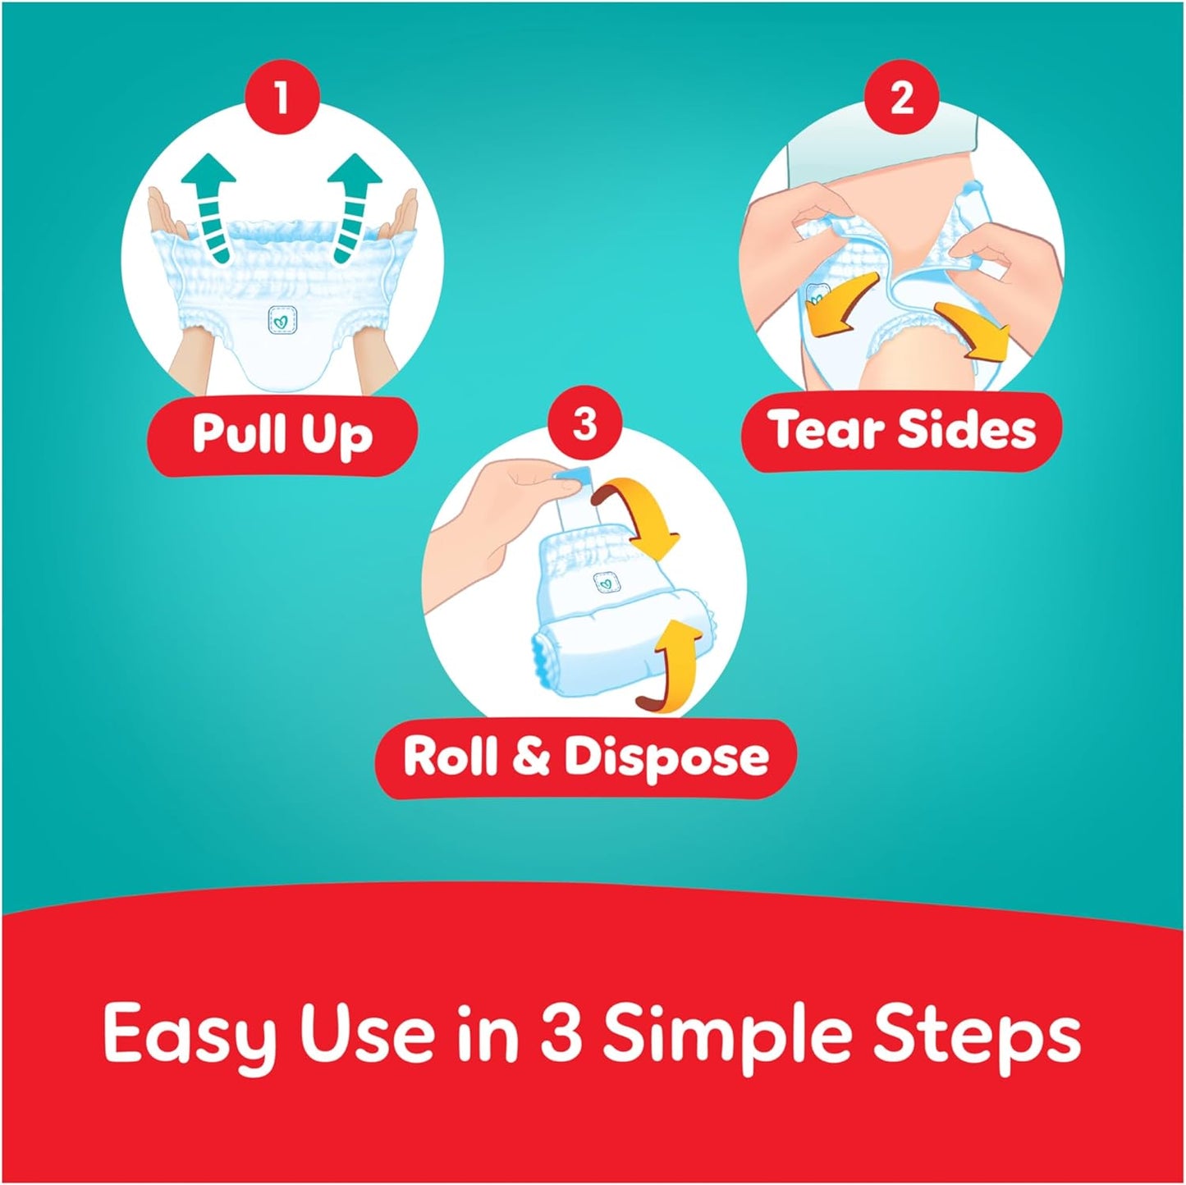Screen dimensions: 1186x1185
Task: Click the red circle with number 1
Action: (x=282, y=98)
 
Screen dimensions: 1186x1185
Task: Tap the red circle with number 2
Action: (x=902, y=98)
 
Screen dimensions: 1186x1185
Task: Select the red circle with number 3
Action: (x=584, y=423)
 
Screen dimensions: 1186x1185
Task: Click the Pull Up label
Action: (x=282, y=435)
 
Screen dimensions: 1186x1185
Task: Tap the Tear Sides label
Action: (x=903, y=430)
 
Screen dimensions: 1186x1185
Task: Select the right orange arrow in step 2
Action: (x=973, y=329)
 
